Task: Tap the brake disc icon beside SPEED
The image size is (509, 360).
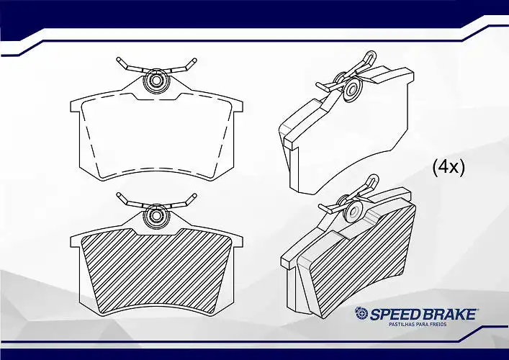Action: click(x=361, y=314)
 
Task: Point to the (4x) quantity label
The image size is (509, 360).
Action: click(x=449, y=168)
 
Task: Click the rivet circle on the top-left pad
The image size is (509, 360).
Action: click(x=157, y=81)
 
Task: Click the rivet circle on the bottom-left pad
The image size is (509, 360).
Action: click(x=157, y=217)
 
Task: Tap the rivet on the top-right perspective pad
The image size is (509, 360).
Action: click(x=353, y=89)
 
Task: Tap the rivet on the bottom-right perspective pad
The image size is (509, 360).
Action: click(x=353, y=211)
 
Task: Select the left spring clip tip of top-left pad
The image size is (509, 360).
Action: click(x=119, y=60)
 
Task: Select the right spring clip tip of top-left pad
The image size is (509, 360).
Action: click(x=194, y=60)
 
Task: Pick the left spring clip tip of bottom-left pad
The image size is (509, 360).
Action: click(x=119, y=195)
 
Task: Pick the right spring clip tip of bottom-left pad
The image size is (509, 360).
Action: click(x=194, y=195)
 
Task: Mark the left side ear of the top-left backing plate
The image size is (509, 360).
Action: click(x=75, y=106)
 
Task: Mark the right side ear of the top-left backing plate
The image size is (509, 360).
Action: click(x=238, y=106)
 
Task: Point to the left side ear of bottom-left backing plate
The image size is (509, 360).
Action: click(x=75, y=241)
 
